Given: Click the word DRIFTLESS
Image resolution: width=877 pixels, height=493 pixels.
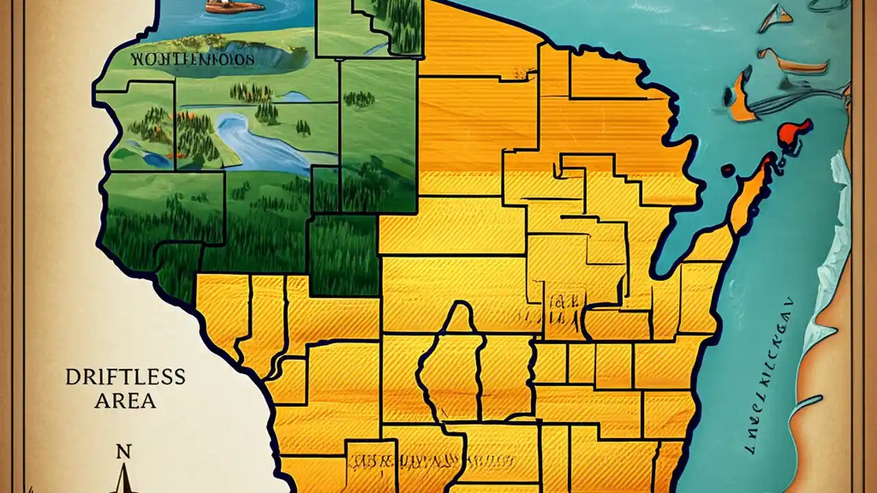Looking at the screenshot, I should [125, 377].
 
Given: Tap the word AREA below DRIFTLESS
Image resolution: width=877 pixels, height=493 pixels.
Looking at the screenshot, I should [125, 401].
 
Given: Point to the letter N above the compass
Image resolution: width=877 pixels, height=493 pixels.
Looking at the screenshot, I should [123, 452].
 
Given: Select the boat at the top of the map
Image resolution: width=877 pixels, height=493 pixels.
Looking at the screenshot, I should [234, 6].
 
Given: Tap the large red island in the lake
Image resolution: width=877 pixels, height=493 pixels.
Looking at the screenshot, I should [795, 133].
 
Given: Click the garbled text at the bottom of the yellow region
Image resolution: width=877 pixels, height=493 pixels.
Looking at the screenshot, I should [432, 460].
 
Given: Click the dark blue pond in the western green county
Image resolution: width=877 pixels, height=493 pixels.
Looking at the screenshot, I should [154, 159].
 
